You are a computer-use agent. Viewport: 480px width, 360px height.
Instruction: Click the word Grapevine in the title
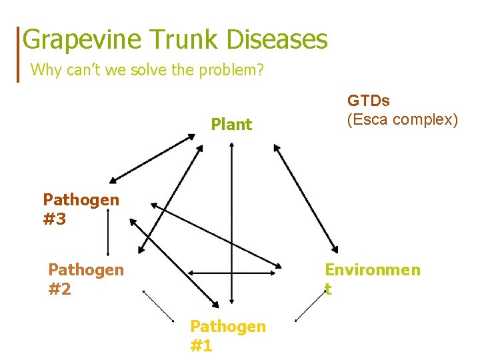tap(81, 39)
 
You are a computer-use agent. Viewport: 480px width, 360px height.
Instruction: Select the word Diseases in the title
tap(277, 39)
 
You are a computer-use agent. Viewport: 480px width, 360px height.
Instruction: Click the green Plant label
tap(231, 124)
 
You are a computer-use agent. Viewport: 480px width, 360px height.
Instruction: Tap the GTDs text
tap(369, 101)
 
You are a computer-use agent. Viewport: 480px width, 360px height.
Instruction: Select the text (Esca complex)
tap(402, 120)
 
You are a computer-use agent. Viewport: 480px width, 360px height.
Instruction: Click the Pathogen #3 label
tap(81, 209)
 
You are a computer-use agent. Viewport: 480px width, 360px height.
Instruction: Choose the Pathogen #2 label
tap(85, 279)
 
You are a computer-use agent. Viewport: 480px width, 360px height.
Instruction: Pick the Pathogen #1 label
tap(227, 335)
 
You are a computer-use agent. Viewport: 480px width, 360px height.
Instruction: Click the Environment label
tap(372, 278)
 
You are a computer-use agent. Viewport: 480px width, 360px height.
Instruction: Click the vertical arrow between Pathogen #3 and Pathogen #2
tap(108, 233)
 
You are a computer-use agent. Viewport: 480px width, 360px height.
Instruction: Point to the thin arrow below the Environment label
tap(310, 306)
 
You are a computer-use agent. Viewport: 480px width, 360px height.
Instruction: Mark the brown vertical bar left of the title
tap(19, 53)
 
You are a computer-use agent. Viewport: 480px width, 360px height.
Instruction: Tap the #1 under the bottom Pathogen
tap(201, 345)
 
